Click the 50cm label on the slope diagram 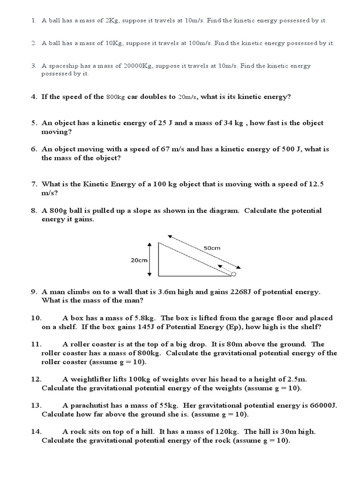click(212, 247)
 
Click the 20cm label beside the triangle click(139, 260)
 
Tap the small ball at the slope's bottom click(234, 274)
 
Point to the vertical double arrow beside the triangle click(150, 259)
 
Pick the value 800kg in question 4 click(116, 97)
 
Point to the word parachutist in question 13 click(90, 405)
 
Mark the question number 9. click(34, 292)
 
